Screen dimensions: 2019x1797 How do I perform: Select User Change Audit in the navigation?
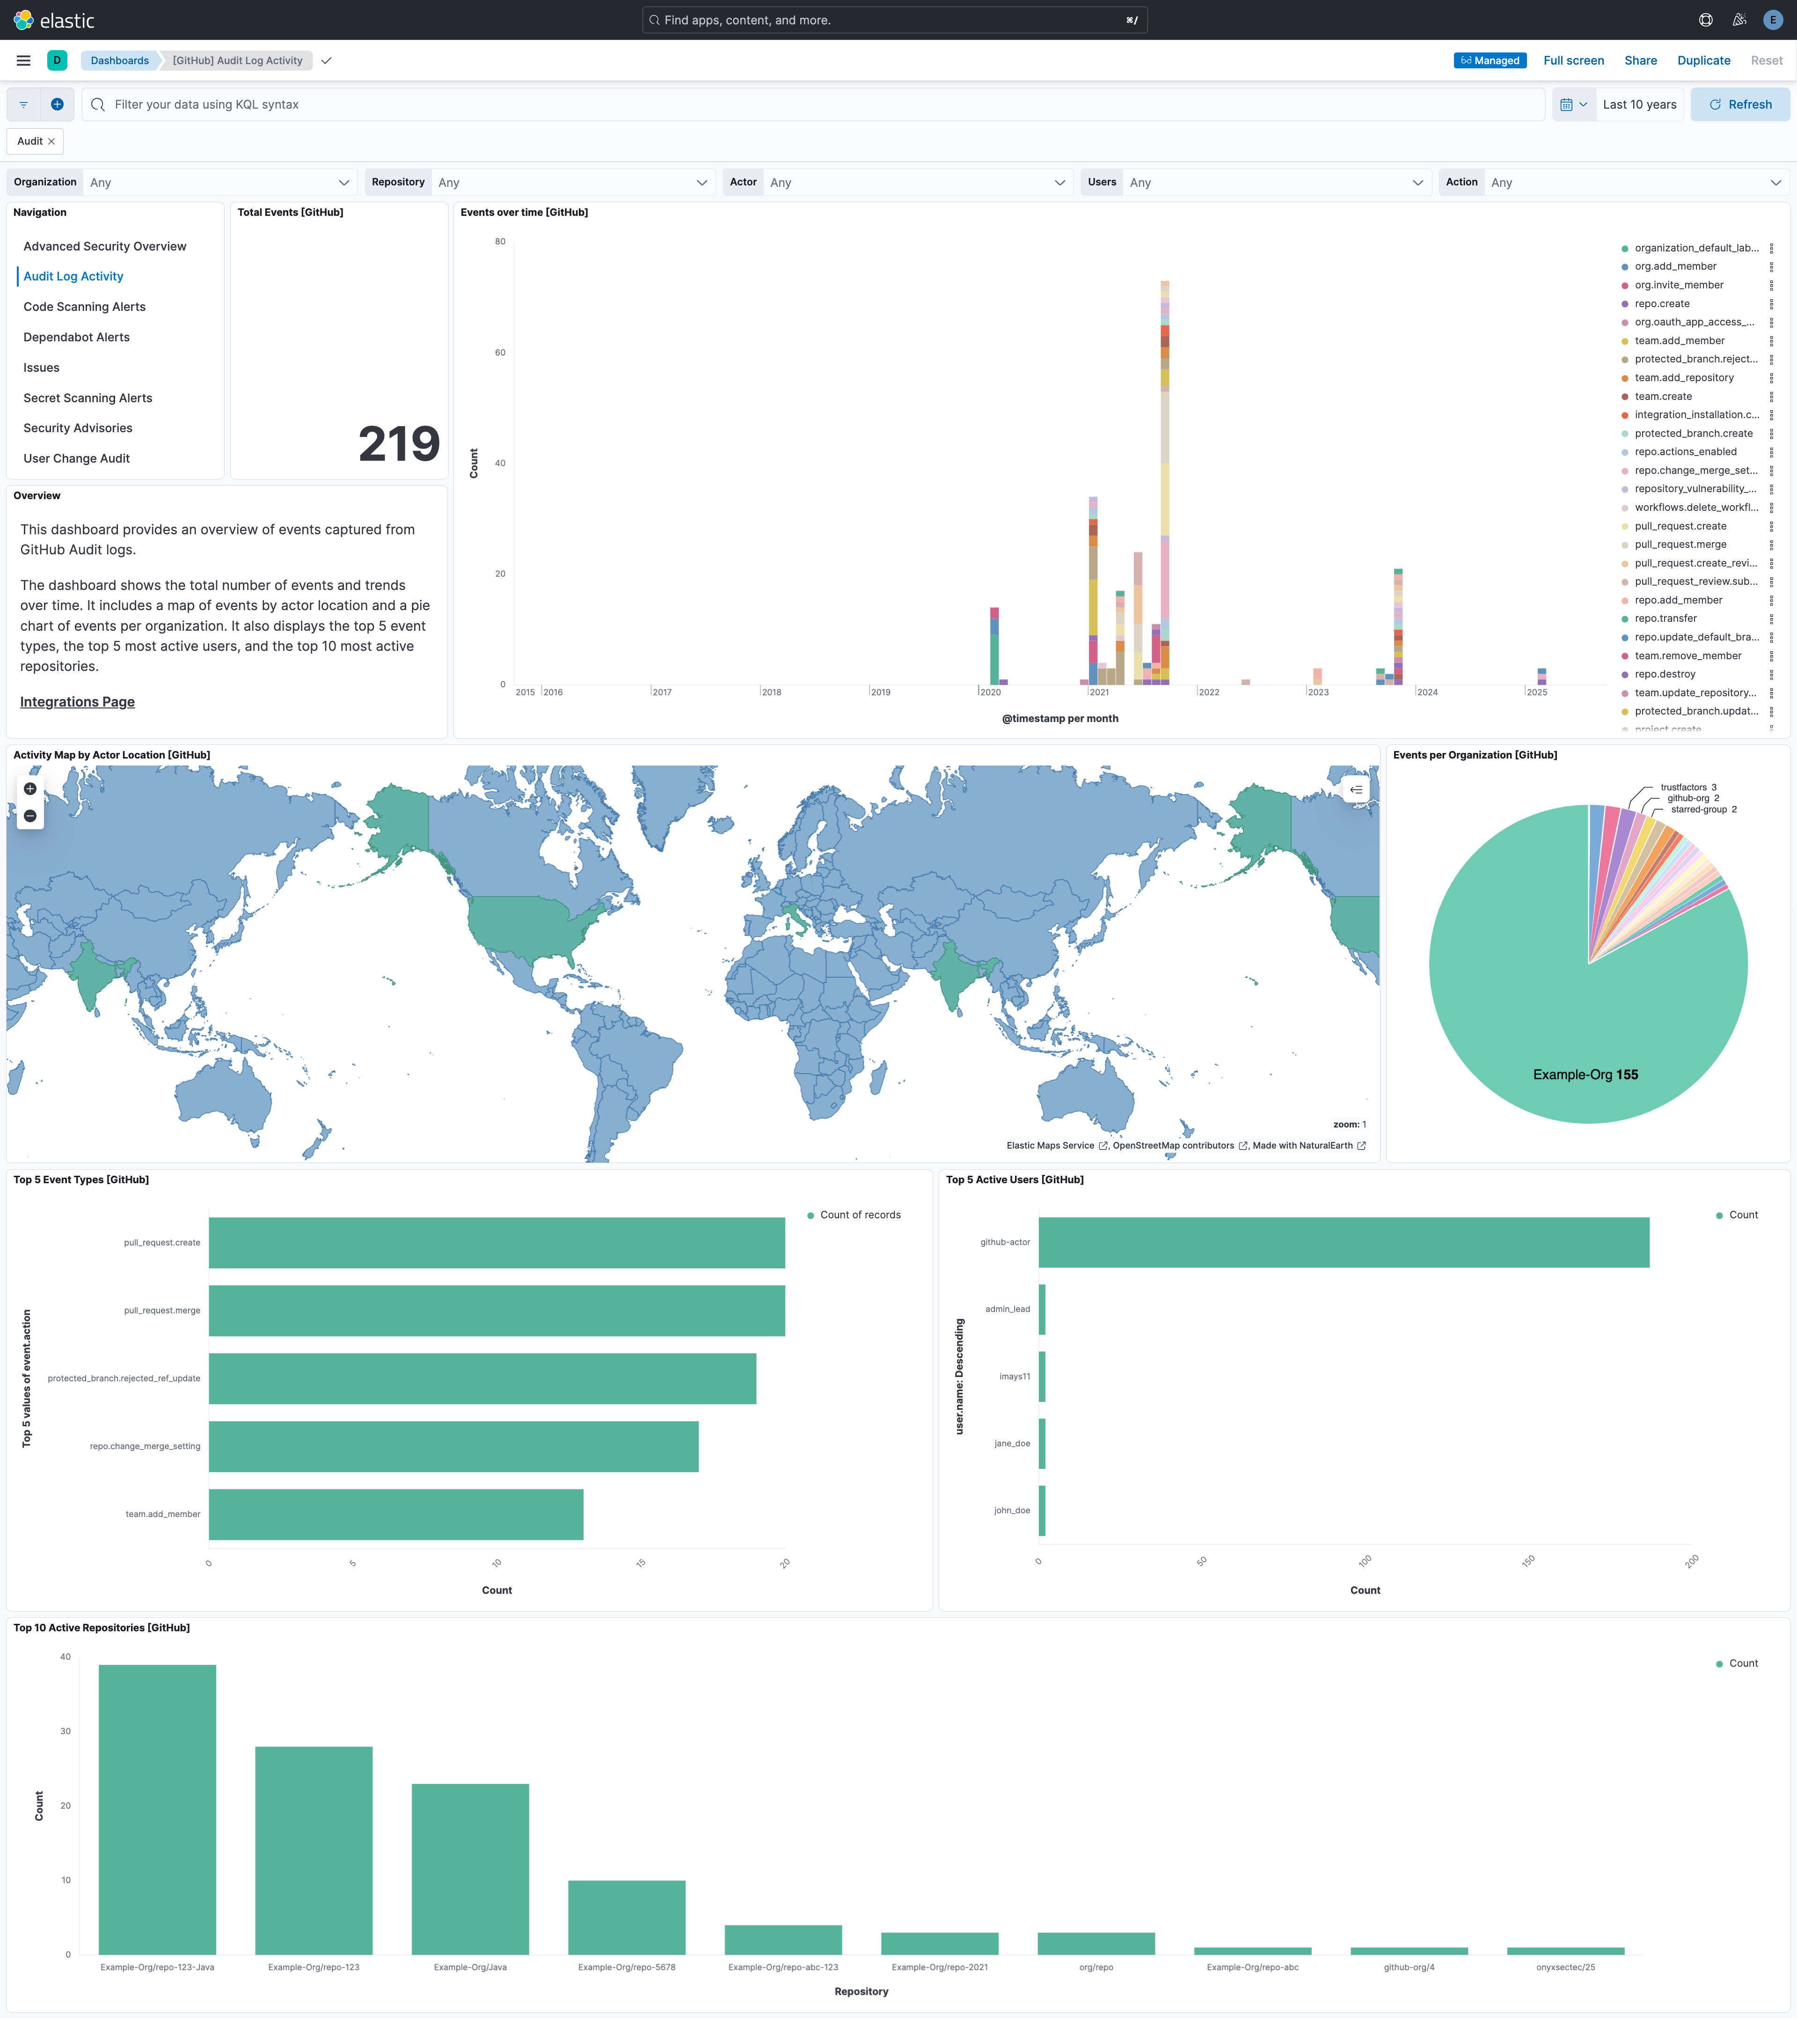pos(76,458)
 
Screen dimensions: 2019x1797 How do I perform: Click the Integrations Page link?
pos(77,701)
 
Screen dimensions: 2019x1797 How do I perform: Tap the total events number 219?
pos(399,443)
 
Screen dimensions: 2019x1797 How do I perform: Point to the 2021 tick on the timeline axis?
pos(1099,692)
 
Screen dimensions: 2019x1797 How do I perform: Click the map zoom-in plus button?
pos(29,788)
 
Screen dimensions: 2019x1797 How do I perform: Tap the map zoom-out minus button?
pos(29,816)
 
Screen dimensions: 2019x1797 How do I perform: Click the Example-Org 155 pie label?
pos(1585,1075)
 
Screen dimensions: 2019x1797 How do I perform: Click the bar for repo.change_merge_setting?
pos(453,1446)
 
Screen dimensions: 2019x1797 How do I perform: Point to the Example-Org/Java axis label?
pos(470,1967)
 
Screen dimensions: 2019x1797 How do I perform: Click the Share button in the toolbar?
pos(1640,60)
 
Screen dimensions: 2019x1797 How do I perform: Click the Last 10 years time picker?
pos(1639,105)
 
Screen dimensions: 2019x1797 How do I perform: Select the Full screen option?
pos(1573,60)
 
